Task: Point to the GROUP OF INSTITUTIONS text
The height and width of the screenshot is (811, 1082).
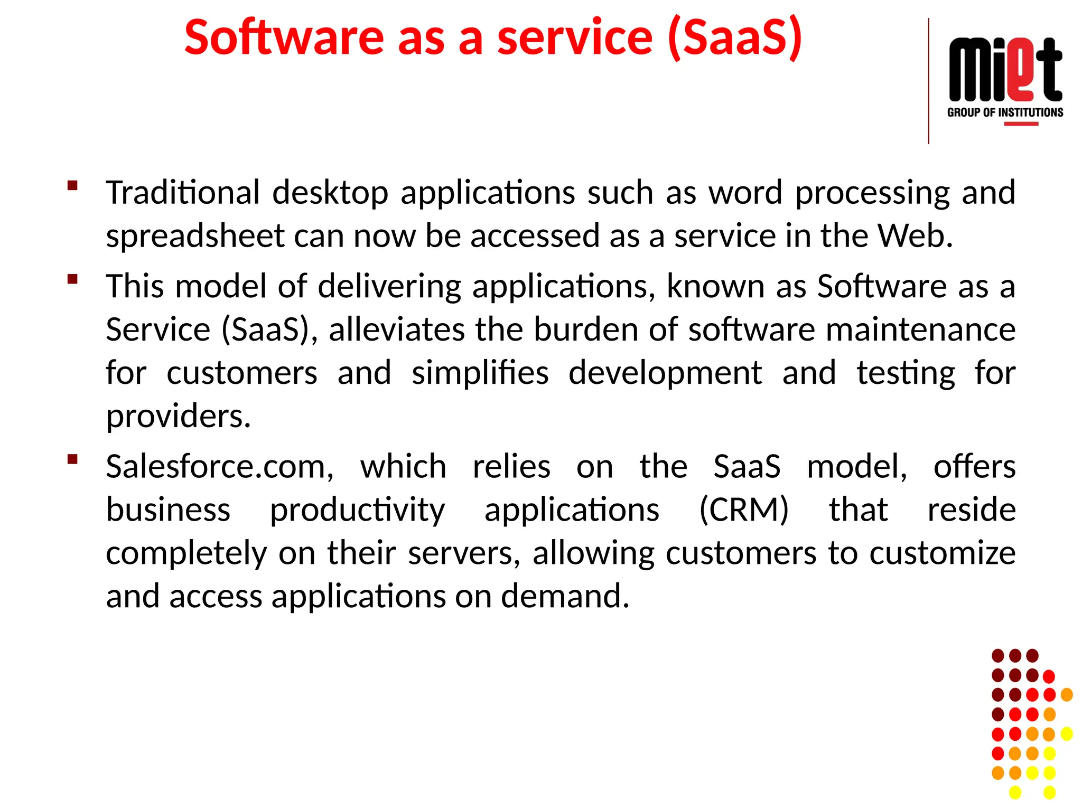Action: [x=1005, y=112]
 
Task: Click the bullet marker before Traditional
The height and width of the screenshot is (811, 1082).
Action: [x=73, y=185]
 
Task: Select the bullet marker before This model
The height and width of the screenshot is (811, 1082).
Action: [x=73, y=279]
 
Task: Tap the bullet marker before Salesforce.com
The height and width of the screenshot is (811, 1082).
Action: [x=73, y=459]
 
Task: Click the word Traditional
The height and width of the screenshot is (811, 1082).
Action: [x=183, y=192]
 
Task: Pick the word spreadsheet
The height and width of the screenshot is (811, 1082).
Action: [x=195, y=236]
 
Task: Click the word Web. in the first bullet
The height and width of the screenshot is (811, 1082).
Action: [x=915, y=235]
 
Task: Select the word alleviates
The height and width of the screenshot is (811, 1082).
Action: [x=396, y=329]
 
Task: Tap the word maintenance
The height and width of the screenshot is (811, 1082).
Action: [x=920, y=329]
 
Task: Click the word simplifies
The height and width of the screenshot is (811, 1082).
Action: [x=480, y=373]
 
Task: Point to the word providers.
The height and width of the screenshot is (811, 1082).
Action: [x=178, y=417]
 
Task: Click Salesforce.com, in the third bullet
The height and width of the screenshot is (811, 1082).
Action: [x=220, y=467]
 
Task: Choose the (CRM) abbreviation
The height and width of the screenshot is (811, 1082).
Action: [x=744, y=510]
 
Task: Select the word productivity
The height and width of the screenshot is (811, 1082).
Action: [x=358, y=511]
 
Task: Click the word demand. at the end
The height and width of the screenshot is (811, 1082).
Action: [x=565, y=596]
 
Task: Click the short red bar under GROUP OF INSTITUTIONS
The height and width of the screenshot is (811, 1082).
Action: [x=1021, y=124]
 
